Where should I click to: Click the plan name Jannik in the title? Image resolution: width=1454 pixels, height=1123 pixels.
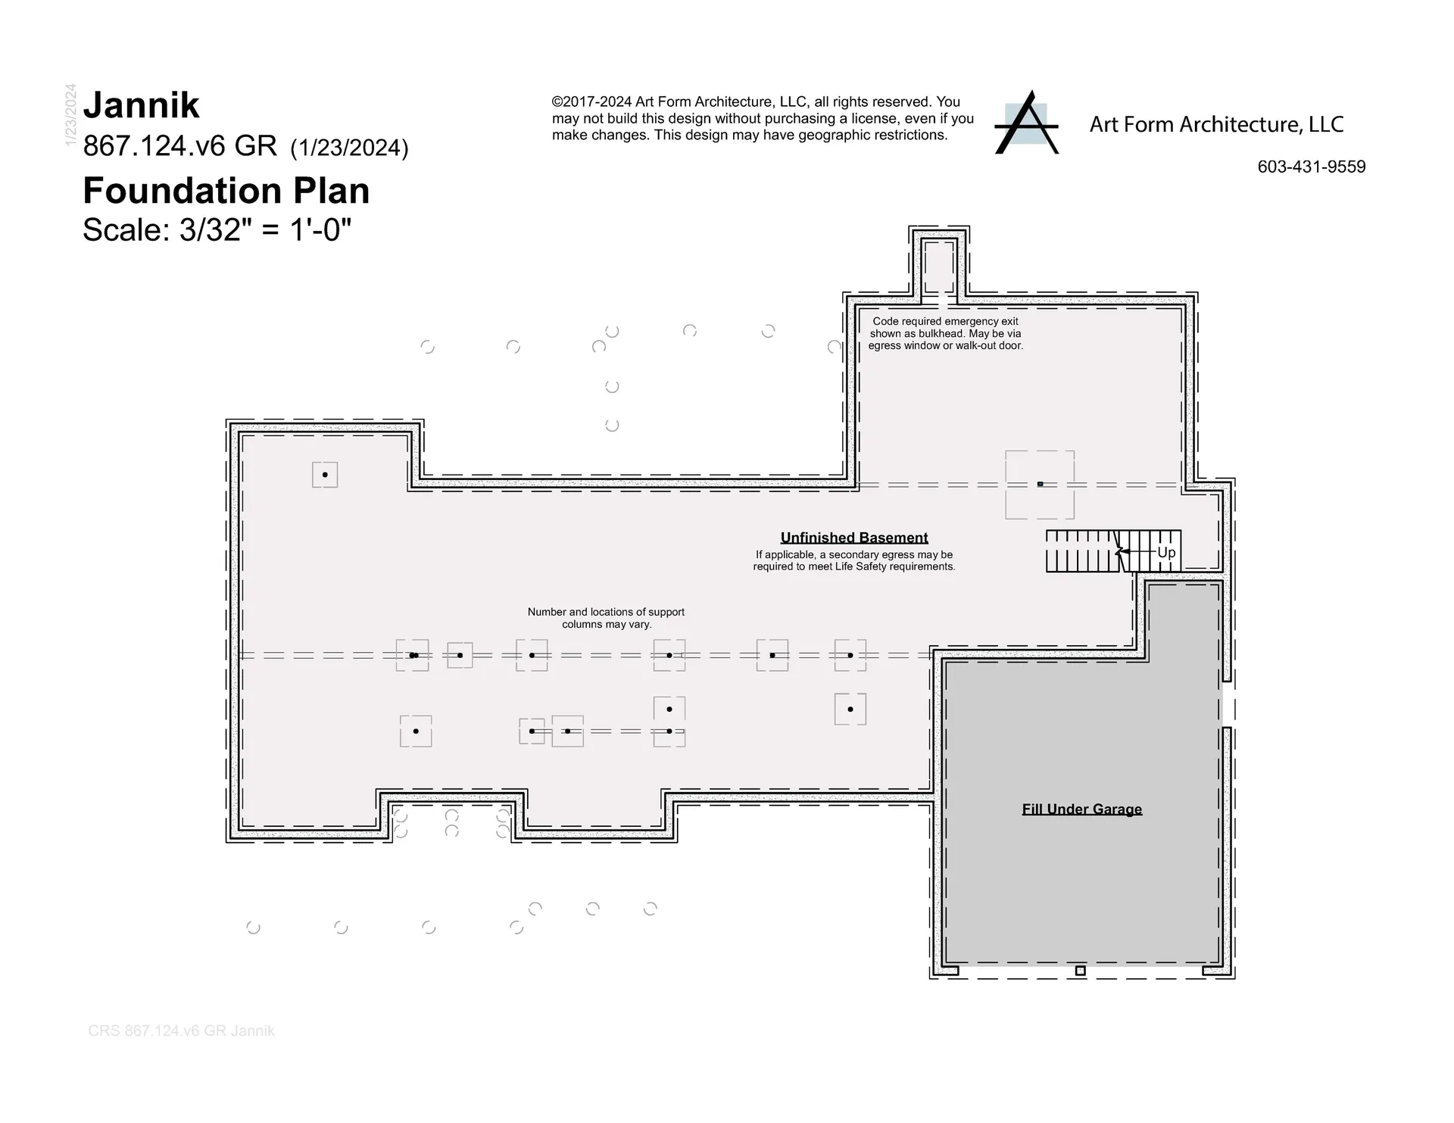(x=141, y=105)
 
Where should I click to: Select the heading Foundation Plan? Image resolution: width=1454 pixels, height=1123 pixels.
(x=226, y=190)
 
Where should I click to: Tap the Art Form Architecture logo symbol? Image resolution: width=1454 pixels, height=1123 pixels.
(x=1026, y=123)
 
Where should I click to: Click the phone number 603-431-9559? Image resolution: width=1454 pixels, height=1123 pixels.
(x=1312, y=167)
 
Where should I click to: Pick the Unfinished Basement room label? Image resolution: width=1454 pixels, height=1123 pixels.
(x=854, y=538)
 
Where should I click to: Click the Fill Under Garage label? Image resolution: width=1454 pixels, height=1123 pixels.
(x=1082, y=809)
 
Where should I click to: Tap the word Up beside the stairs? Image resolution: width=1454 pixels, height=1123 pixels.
(x=1166, y=552)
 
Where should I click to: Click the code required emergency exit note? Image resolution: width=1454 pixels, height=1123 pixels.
(x=946, y=333)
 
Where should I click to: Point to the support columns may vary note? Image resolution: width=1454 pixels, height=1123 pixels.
(x=606, y=618)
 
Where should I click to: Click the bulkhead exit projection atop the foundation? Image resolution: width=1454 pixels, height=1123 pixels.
(x=939, y=261)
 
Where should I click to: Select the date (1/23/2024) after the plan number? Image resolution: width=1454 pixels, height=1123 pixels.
(x=349, y=148)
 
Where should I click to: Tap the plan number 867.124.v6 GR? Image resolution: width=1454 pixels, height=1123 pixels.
(x=179, y=146)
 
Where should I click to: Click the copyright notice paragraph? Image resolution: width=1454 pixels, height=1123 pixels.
(x=763, y=118)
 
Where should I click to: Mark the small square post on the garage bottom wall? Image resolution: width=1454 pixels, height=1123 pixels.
(x=1081, y=971)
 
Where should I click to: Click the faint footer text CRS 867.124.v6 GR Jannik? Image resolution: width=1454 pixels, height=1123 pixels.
(x=181, y=1031)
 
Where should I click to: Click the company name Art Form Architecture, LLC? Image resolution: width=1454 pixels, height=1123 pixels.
(x=1216, y=124)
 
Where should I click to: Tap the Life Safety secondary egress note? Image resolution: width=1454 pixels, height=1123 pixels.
(x=854, y=560)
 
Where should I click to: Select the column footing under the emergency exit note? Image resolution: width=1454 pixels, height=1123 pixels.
(x=1040, y=485)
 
